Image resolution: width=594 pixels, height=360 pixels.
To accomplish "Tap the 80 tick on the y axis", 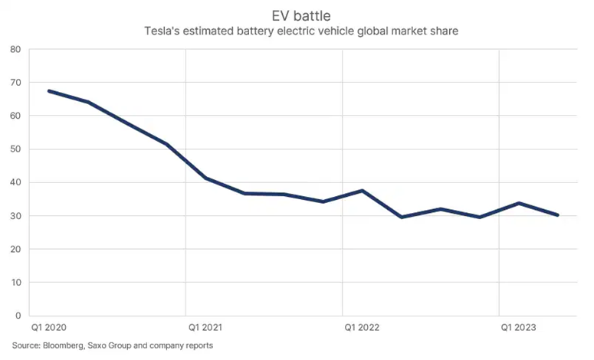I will pyautogui.click(x=15, y=50).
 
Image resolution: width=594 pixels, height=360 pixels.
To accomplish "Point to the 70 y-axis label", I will pyautogui.click(x=15, y=83).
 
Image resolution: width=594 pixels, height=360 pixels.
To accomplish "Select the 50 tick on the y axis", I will pyautogui.click(x=15, y=149).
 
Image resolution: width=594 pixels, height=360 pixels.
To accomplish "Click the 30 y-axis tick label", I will pyautogui.click(x=15, y=216).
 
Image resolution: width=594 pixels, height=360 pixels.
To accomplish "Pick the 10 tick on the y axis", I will pyautogui.click(x=15, y=283).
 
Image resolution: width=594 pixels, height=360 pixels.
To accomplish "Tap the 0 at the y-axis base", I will pyautogui.click(x=18, y=316).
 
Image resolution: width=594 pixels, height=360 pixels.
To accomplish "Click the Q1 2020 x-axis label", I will pyautogui.click(x=48, y=329).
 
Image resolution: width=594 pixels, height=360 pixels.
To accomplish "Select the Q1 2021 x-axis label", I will pyautogui.click(x=205, y=329).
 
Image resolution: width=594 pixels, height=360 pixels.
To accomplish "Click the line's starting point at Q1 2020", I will pyautogui.click(x=49, y=91).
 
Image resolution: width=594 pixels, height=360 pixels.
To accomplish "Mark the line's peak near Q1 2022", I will pyautogui.click(x=362, y=191).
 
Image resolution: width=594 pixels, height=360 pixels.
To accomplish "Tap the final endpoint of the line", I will pyautogui.click(x=557, y=215).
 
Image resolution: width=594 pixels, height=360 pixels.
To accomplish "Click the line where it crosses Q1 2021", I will pyautogui.click(x=205, y=178).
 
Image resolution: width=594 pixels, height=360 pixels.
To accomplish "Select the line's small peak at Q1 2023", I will pyautogui.click(x=518, y=203).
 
